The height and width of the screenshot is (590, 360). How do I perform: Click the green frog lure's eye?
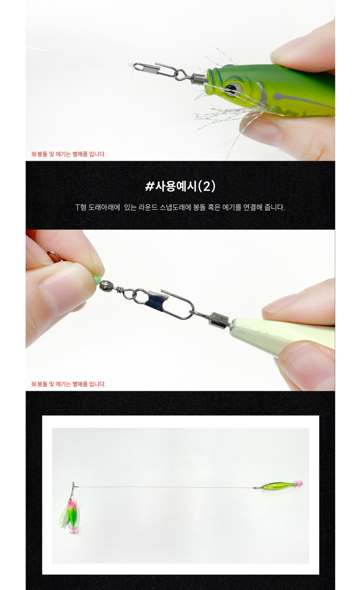[x=232, y=88]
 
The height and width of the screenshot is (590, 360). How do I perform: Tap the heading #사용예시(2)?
[x=180, y=186]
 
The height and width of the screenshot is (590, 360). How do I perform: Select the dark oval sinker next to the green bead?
[x=105, y=285]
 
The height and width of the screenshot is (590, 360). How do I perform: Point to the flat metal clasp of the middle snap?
[x=157, y=299]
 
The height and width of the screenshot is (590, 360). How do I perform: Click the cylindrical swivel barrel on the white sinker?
[x=218, y=320]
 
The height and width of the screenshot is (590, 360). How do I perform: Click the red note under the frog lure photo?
[x=69, y=154]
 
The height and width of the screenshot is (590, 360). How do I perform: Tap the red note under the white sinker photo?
[x=69, y=384]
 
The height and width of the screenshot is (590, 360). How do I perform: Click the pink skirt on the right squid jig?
[x=298, y=484]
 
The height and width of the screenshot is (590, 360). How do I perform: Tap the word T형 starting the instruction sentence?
[x=81, y=207]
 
